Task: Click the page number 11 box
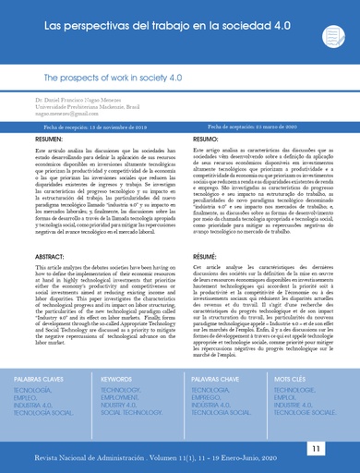[317, 447]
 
